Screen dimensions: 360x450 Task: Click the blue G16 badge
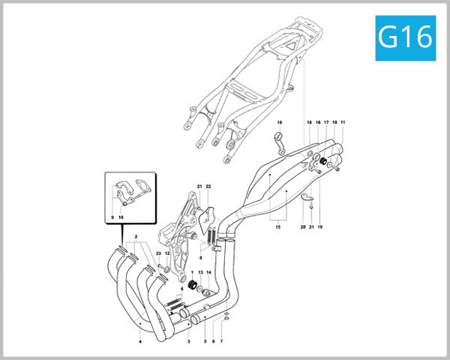(x=406, y=34)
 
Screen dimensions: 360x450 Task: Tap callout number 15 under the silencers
(x=277, y=226)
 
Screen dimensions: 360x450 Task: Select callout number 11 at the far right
(x=343, y=121)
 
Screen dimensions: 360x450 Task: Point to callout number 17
(x=326, y=121)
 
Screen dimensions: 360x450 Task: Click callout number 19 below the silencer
(x=319, y=226)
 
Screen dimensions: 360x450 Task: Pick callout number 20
(x=303, y=226)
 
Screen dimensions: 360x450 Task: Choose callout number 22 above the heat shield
(x=209, y=186)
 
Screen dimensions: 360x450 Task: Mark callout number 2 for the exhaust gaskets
(x=136, y=235)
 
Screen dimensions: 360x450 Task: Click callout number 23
(x=158, y=253)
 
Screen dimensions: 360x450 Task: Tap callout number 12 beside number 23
(x=167, y=253)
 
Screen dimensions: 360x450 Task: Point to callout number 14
(x=209, y=271)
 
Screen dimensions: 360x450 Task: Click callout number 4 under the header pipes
(x=139, y=342)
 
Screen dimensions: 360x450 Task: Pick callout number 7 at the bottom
(x=222, y=341)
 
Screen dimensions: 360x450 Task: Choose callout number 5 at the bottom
(x=205, y=341)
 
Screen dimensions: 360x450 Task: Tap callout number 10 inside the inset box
(x=121, y=217)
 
